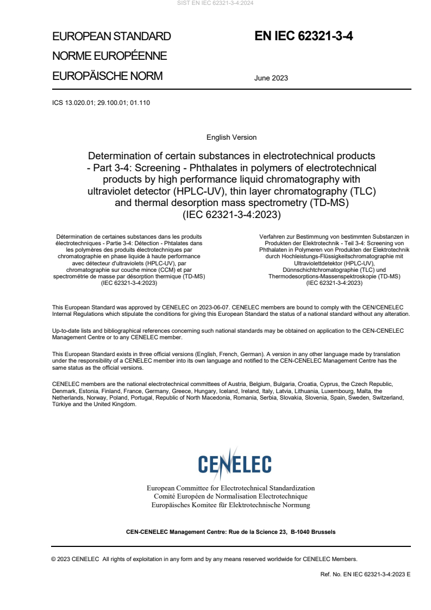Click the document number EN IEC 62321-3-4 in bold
pos(304,36)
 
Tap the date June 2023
pos(271,78)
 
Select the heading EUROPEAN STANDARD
pos(111,36)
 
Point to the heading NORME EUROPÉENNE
pos(109,56)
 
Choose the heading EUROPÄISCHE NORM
pos(107,76)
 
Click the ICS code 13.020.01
pos(81,102)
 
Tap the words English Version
pos(232,138)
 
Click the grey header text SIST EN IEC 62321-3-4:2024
pos(215,3)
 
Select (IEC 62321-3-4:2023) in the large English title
pos(232,215)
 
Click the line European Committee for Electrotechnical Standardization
pos(230,488)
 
